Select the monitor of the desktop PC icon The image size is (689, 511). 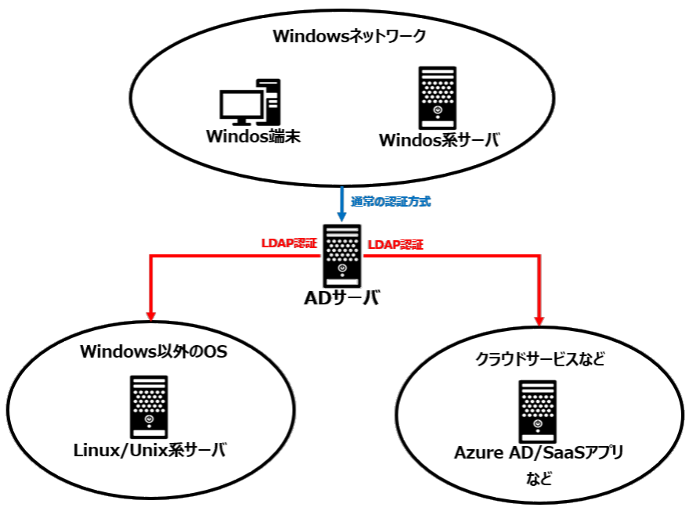(240, 105)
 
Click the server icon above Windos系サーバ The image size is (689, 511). (437, 97)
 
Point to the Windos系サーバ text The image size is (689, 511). (438, 141)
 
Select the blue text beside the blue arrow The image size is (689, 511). (391, 201)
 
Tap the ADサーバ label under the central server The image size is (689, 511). (341, 298)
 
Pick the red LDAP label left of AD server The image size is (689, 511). (287, 245)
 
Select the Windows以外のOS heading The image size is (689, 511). (153, 351)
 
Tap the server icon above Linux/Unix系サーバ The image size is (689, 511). (148, 406)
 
